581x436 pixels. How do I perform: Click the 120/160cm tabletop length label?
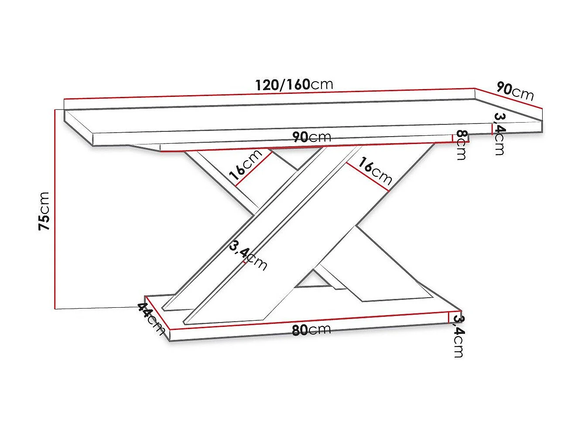(294, 84)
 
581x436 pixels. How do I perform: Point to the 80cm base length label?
(311, 330)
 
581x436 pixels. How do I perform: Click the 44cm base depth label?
(151, 318)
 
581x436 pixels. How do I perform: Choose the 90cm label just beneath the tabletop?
(311, 137)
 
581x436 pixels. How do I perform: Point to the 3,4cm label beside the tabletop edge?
(499, 134)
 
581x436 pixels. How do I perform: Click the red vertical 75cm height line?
(55, 209)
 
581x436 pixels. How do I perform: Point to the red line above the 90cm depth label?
(508, 99)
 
